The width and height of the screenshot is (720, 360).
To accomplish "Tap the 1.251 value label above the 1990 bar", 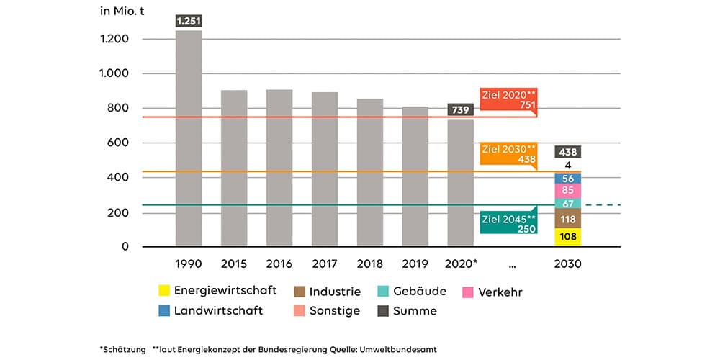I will tap(188, 22).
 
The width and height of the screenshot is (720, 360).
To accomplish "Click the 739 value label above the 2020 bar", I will tap(460, 109).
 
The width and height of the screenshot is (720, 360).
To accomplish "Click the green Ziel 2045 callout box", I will tap(508, 222).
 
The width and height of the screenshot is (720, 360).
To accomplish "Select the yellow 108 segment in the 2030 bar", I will tap(568, 237).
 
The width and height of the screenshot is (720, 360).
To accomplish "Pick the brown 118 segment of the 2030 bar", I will tap(568, 219).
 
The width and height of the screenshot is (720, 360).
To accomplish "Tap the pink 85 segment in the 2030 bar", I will tap(568, 191).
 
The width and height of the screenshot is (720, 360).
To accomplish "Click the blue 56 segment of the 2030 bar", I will tap(568, 178).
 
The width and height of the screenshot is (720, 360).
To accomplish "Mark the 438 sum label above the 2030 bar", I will tap(568, 152).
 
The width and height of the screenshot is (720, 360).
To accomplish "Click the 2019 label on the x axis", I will tap(415, 264).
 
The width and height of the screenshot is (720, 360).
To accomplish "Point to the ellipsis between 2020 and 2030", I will tap(513, 264).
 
